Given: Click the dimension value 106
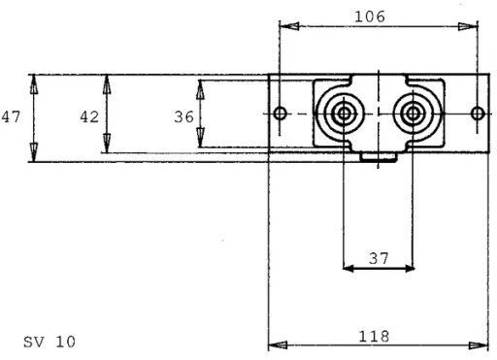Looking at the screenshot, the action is click(x=370, y=16).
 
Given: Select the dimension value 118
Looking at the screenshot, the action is click(x=374, y=337).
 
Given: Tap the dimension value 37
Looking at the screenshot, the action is click(x=379, y=258).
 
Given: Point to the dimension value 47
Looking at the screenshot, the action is click(x=11, y=116).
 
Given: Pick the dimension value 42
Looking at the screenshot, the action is click(x=89, y=116).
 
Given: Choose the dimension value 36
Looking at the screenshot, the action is click(x=183, y=116).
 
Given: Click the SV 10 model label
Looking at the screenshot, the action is click(x=50, y=342).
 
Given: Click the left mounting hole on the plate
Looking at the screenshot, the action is click(x=280, y=114).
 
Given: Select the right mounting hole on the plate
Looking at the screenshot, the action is click(x=478, y=114).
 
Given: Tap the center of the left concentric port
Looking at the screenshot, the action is click(x=344, y=114).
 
